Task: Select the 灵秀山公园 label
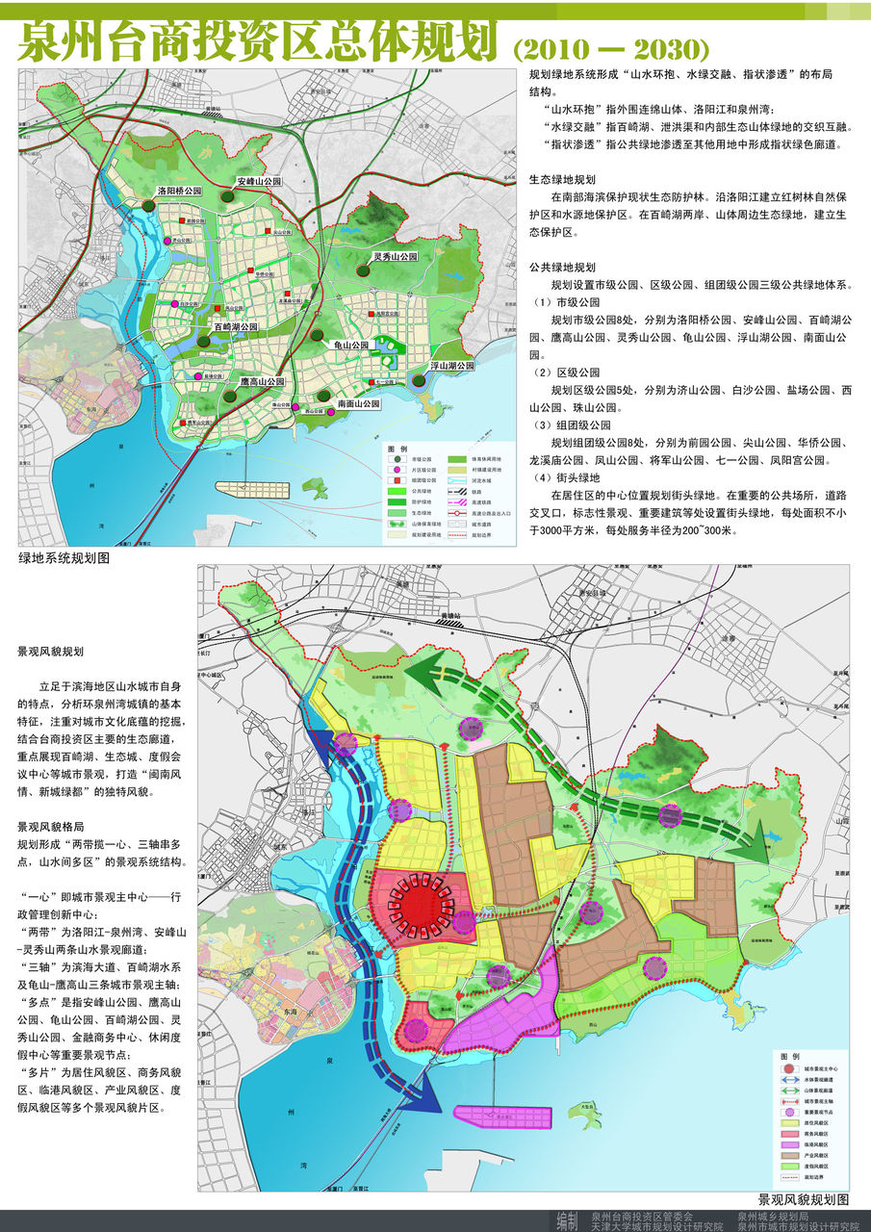click(395, 258)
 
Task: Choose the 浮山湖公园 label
click(451, 366)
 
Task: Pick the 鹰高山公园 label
click(262, 381)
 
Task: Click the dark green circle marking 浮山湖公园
click(420, 381)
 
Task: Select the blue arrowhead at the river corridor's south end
click(415, 1097)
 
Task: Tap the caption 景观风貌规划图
click(803, 1200)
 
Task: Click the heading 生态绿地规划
click(563, 179)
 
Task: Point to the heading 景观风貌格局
click(56, 827)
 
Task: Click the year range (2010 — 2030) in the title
click(612, 48)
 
